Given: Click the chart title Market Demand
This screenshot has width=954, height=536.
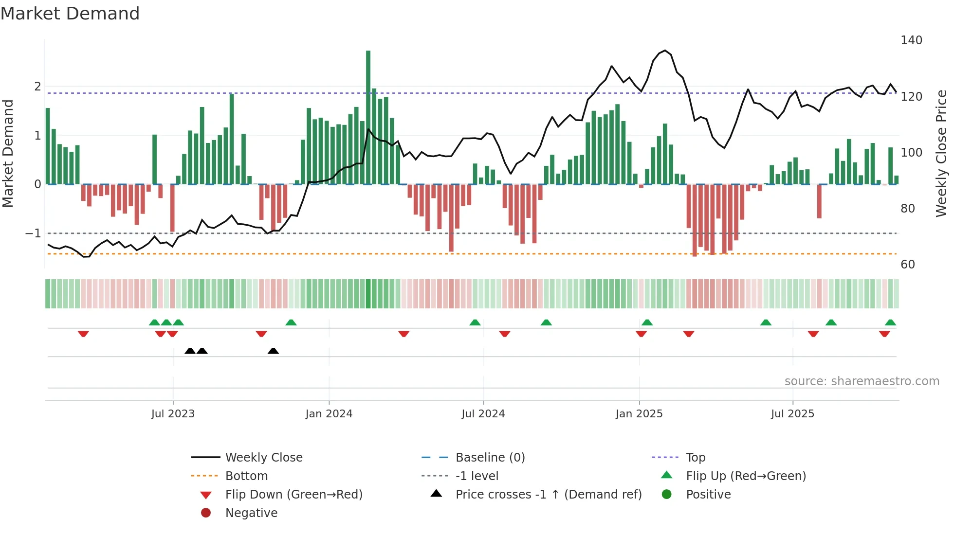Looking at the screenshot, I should [70, 14].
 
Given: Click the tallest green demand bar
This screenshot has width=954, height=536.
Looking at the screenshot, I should [368, 117].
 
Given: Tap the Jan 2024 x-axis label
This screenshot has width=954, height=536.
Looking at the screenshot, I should [329, 414].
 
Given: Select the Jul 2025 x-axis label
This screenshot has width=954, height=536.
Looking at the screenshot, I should [792, 414].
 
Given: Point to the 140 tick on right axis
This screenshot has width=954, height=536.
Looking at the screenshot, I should [911, 40].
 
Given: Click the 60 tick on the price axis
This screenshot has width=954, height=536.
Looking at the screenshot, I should [908, 265].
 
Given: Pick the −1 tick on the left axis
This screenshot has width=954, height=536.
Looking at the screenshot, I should [34, 233].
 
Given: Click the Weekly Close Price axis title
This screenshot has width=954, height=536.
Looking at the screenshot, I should [941, 153].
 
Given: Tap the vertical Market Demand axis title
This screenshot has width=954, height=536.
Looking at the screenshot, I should [8, 153].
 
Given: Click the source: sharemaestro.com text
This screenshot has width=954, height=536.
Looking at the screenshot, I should [862, 381].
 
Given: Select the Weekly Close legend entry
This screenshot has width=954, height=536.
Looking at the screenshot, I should [263, 458].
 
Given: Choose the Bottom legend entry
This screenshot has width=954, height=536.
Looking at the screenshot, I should [246, 476].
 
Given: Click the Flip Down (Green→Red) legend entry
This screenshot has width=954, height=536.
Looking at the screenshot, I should [294, 495].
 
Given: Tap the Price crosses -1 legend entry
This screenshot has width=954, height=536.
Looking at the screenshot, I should [548, 495].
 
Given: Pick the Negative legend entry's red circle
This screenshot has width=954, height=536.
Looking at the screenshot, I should [206, 513].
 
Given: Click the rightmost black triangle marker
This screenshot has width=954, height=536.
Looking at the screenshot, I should [273, 351].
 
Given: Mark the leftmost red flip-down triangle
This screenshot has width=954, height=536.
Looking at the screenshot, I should [83, 334].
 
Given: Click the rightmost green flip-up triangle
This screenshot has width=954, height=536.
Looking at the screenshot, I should [890, 322].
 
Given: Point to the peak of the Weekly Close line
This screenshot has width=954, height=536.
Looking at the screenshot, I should [665, 51].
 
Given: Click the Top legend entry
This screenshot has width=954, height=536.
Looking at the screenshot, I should [695, 458].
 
